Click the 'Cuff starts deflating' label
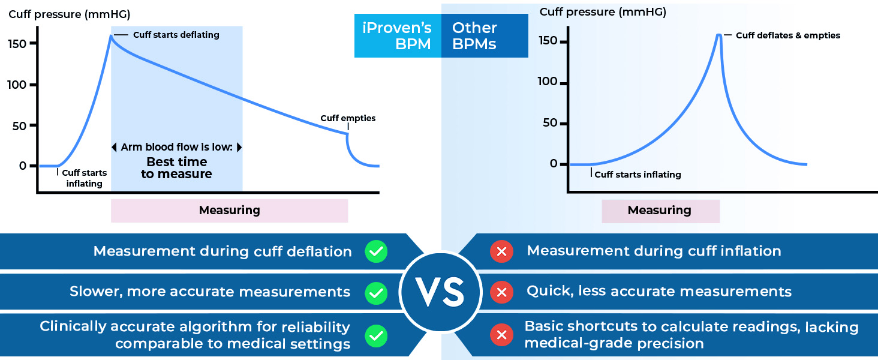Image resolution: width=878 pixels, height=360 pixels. tap(176, 35)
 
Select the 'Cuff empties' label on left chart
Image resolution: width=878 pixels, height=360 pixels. tap(348, 118)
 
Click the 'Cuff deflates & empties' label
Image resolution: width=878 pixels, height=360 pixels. tap(787, 35)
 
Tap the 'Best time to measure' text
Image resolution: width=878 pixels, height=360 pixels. tap(176, 168)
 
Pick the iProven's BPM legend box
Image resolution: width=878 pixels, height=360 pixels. tap(398, 36)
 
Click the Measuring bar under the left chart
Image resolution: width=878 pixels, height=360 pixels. tap(229, 211)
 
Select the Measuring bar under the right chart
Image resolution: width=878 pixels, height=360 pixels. tap(660, 211)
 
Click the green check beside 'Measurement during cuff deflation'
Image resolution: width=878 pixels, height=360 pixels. tap(376, 251)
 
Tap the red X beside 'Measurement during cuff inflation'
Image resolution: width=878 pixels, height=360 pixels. tap(501, 251)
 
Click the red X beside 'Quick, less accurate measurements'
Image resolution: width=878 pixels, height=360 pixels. tap(501, 292)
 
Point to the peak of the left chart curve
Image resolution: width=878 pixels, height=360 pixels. tap(111, 36)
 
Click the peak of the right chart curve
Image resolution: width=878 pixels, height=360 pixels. tap(718, 35)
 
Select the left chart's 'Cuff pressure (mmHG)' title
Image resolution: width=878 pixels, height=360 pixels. tap(69, 14)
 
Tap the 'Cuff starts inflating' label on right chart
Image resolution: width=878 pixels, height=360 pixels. tap(638, 175)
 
